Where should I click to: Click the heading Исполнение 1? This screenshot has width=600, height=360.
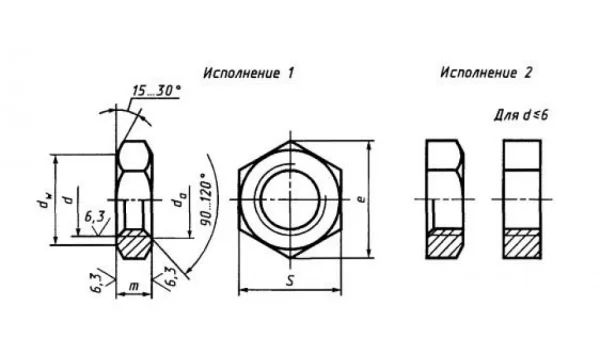[x=249, y=73]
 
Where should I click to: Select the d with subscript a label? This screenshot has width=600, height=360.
[x=177, y=203]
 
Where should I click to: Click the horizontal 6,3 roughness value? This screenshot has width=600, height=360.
[x=95, y=217]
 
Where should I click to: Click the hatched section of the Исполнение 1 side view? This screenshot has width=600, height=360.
[x=134, y=244]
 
